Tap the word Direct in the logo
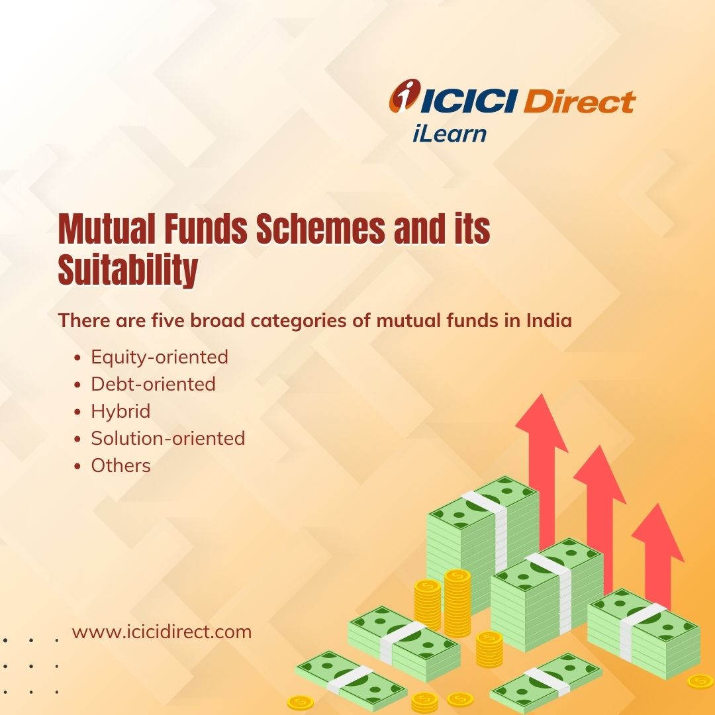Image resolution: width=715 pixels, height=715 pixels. coord(579,101)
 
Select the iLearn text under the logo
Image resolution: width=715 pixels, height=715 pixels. coord(449,134)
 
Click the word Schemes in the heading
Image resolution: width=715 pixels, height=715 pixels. coord(320,228)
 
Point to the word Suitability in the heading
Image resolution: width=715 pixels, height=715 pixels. coord(128,269)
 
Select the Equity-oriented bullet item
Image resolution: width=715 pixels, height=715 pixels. coord(160,357)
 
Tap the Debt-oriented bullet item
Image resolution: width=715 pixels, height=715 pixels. coord(153,384)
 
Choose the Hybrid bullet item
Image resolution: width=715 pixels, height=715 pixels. coord(120,411)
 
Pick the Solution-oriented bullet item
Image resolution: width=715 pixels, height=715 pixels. coord(167,438)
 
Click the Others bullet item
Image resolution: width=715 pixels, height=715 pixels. coord(120,465)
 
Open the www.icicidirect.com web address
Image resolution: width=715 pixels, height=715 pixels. coord(162,632)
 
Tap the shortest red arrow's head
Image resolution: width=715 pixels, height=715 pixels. coord(657,532)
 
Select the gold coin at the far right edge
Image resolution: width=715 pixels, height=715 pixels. coord(700,682)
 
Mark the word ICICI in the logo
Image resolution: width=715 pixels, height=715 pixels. coord(469,101)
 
